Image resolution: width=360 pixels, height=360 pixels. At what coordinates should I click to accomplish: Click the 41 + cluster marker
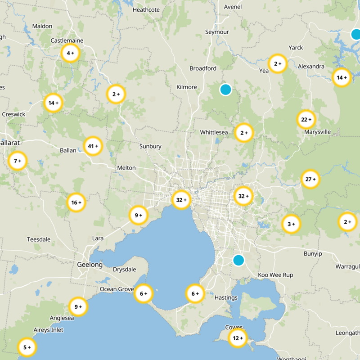tap(93, 146)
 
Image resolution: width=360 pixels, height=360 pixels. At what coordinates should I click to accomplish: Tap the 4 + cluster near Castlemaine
tap(70, 53)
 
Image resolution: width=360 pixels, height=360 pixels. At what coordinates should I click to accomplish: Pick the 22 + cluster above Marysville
tap(306, 120)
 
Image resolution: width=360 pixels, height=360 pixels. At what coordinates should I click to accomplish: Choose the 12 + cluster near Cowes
tap(237, 338)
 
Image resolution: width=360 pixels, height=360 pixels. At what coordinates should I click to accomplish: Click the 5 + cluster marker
tap(27, 347)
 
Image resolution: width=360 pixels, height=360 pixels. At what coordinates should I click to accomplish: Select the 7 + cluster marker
tap(18, 161)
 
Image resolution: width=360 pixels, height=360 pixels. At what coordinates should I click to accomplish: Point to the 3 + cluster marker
tap(291, 224)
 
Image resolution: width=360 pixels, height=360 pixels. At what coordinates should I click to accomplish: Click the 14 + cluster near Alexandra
tap(342, 77)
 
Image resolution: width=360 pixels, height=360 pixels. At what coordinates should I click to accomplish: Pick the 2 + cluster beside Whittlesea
tap(244, 133)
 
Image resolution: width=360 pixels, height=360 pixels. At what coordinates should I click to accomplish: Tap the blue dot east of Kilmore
tap(225, 90)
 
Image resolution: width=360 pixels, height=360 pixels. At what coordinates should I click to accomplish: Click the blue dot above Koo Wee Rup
tap(238, 260)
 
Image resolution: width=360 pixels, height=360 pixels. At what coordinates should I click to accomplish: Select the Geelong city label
tap(90, 265)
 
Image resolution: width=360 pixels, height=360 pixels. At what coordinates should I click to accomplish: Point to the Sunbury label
tap(150, 146)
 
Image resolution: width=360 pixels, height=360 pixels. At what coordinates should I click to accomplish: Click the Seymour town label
tap(217, 32)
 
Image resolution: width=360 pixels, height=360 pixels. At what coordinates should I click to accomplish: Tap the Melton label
tap(126, 168)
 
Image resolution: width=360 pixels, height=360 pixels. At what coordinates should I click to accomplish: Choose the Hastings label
tap(226, 298)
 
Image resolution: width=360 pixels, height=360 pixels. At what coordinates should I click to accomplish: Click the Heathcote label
tap(146, 9)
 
